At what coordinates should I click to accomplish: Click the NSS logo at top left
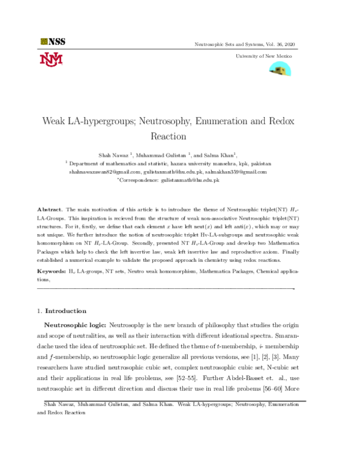tap(53, 41)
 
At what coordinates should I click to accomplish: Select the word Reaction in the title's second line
tap(168, 136)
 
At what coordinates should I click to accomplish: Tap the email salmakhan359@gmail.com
tap(236, 171)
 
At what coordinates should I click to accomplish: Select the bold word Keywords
tap(52, 271)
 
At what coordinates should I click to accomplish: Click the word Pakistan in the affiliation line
tap(258, 163)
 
